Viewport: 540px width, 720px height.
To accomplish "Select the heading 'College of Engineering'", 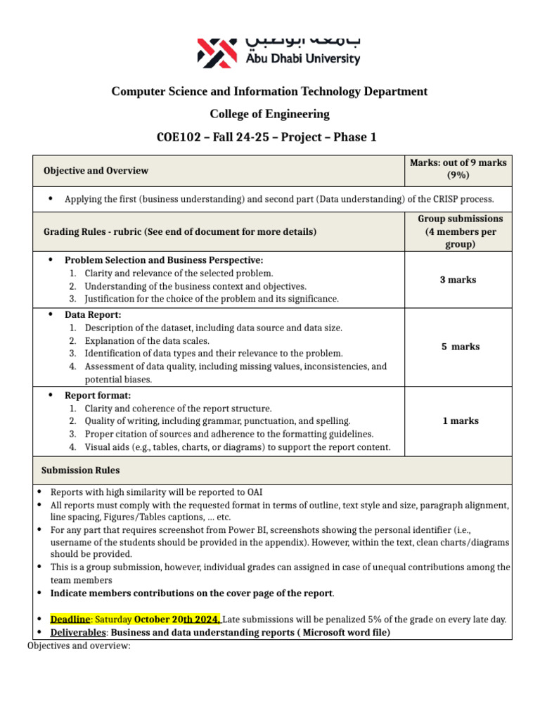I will pos(269,114).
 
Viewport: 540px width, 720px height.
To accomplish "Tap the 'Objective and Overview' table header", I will pos(96,171).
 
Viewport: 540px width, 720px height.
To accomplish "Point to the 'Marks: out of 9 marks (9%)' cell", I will pos(458,169).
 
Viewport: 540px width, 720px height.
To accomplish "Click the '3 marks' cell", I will pos(458,280).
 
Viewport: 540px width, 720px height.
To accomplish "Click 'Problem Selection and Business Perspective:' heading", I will pos(164,260).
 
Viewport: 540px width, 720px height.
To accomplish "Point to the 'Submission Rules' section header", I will pos(80,470).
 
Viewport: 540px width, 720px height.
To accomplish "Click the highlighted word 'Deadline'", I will pos(70,619).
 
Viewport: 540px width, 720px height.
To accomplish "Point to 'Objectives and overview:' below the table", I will pos(79,645).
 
